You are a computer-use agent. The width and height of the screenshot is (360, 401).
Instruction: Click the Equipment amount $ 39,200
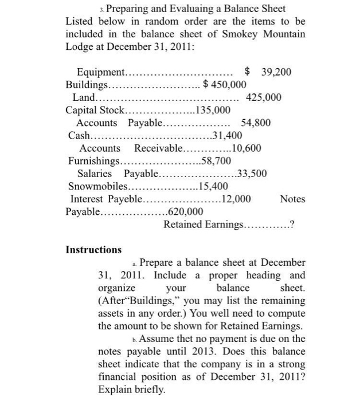tap(268, 72)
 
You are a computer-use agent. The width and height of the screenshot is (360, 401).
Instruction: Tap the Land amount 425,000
tap(263, 97)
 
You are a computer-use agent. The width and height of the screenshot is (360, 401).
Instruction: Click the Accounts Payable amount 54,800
tap(256, 123)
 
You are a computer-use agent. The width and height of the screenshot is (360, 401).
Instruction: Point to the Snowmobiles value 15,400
tap(213, 186)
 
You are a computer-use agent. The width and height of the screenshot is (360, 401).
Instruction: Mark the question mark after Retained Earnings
tap(293, 224)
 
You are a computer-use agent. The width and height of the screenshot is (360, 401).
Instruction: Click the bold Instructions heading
tap(93, 250)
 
